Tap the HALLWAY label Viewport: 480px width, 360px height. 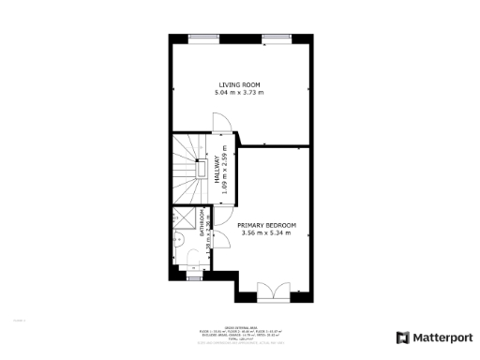pos(215,166)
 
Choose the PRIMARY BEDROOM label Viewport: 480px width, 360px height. pos(266,226)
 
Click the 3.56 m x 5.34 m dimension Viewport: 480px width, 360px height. pos(266,233)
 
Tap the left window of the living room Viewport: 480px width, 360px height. pos(202,37)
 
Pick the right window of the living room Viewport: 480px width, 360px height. pos(276,37)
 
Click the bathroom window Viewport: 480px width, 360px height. pos(194,278)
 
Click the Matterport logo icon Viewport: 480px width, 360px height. pos(402,337)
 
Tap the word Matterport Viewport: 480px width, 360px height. pos(440,337)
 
